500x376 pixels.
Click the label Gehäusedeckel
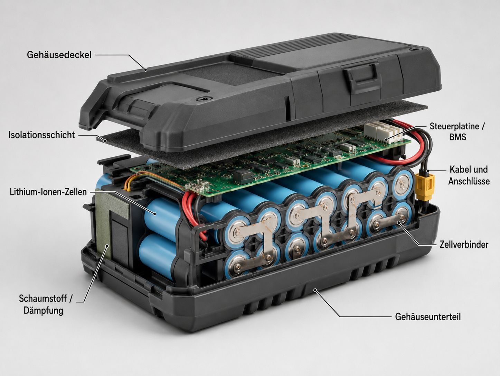coord(59,55)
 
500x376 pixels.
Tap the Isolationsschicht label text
coord(41,135)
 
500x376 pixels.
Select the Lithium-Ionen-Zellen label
coord(48,192)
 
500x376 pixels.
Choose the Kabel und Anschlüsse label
coord(469,175)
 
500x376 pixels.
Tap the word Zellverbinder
coord(464,245)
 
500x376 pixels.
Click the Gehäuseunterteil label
coord(428,317)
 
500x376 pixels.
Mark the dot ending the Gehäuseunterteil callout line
coord(315,290)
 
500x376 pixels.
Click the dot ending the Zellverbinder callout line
coord(398,223)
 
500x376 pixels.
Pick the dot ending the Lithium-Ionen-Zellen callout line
coord(155,214)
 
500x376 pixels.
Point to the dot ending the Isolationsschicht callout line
coord(105,140)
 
